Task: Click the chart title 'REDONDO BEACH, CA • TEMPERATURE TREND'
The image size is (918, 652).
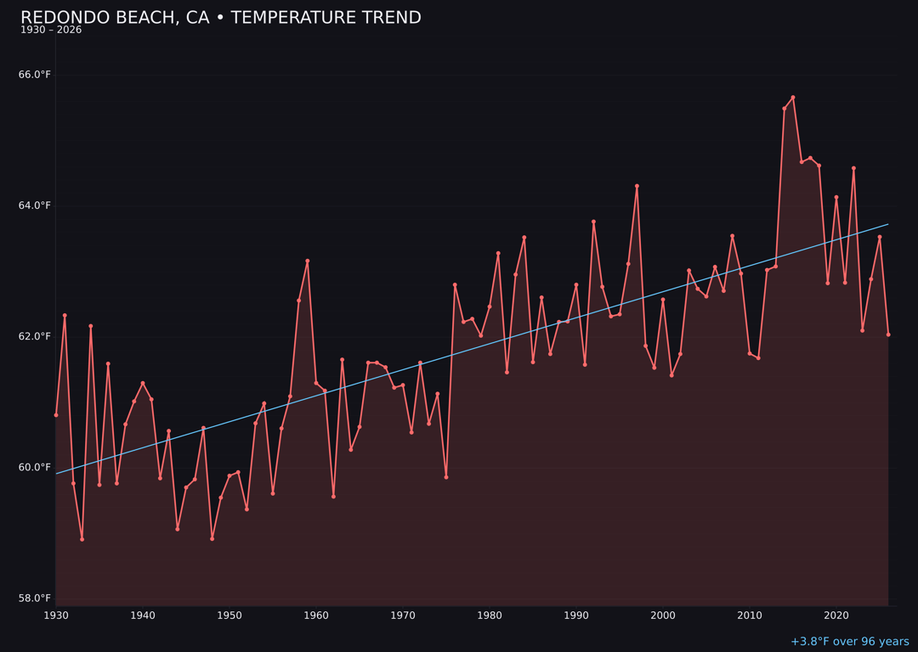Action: [221, 18]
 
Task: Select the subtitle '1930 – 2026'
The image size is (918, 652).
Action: [51, 31]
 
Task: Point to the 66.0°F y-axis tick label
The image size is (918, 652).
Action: [35, 75]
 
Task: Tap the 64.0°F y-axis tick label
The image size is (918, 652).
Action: [35, 205]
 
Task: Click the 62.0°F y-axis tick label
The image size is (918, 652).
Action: [35, 336]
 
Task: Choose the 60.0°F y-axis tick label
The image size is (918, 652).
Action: [35, 467]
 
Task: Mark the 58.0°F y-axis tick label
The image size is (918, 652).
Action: [35, 599]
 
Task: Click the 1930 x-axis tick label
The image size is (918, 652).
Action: [56, 615]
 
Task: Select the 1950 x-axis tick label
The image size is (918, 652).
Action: [229, 615]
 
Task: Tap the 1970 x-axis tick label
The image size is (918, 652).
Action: [403, 615]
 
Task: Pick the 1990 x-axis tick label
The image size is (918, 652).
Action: [576, 615]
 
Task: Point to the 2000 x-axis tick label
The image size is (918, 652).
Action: [663, 615]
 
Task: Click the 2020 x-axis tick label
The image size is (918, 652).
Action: [836, 615]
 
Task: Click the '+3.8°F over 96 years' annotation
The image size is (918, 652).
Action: [849, 642]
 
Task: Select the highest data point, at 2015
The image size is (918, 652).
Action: [793, 98]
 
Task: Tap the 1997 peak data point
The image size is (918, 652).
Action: [637, 186]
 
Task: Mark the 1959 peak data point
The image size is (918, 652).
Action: [308, 261]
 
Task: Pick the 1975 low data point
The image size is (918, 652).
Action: [446, 477]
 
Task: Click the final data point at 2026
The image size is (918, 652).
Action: [888, 334]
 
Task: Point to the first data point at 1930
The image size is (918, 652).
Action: [56, 415]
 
